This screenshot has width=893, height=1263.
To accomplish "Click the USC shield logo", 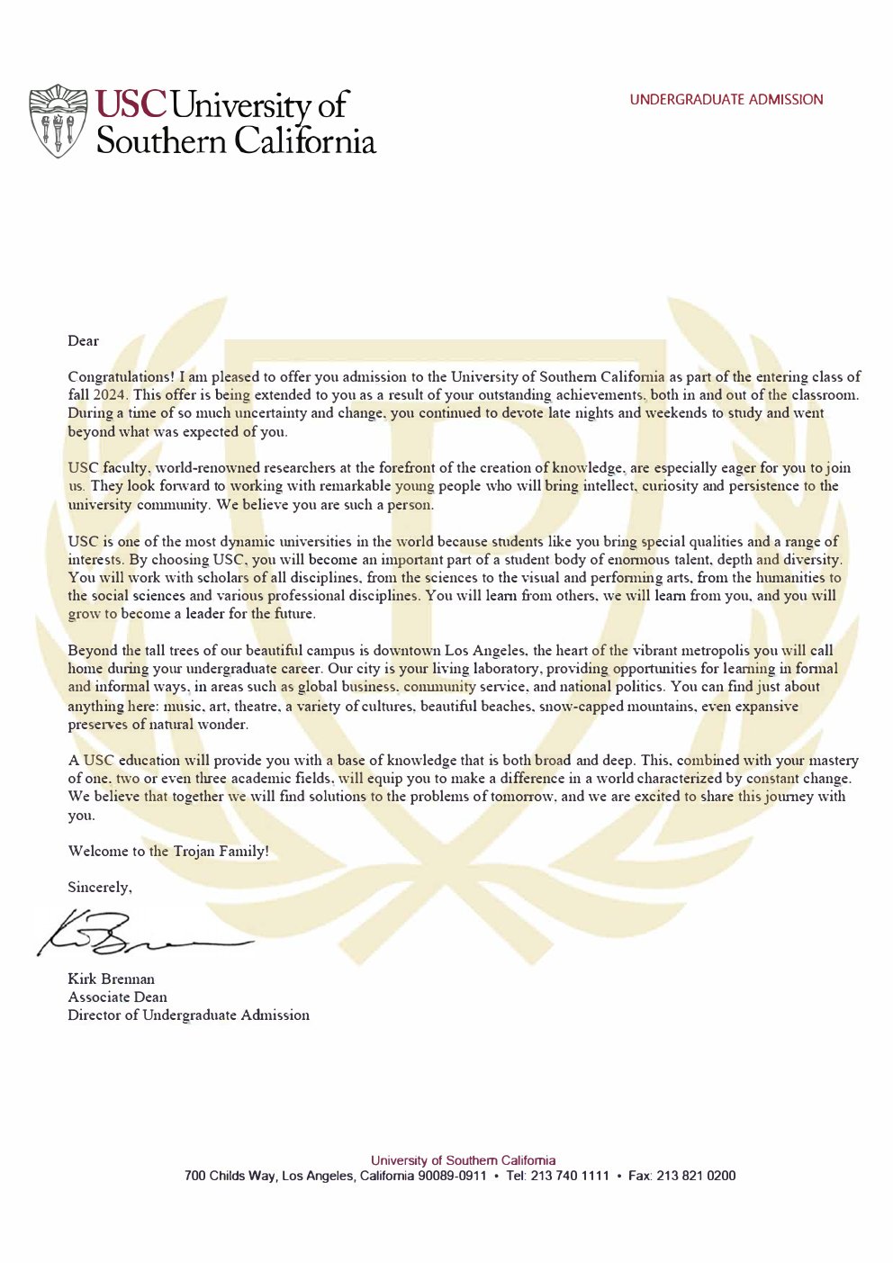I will pyautogui.click(x=59, y=122).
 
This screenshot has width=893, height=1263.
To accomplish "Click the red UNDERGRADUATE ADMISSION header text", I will pyautogui.click(x=726, y=100).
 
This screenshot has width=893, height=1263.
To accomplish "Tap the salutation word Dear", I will pyautogui.click(x=83, y=341).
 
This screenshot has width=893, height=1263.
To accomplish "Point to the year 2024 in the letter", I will pyautogui.click(x=111, y=395).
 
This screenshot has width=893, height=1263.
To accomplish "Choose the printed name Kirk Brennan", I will pyautogui.click(x=111, y=979).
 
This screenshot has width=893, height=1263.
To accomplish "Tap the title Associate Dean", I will pyautogui.click(x=117, y=997).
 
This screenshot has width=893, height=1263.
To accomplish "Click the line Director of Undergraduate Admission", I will pyautogui.click(x=188, y=1015).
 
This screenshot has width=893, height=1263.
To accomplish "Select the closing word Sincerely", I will pyautogui.click(x=99, y=888).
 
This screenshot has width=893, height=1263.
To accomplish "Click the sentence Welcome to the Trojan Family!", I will pyautogui.click(x=168, y=851).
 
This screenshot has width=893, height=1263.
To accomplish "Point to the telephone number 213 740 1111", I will pyautogui.click(x=570, y=1176).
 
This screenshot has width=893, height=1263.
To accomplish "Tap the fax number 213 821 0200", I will pyautogui.click(x=696, y=1176).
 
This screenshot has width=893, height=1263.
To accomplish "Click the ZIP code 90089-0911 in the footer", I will pyautogui.click(x=452, y=1176).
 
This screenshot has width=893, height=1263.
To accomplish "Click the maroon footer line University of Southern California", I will pyautogui.click(x=463, y=1160).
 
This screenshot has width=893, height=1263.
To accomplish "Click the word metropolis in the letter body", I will pyautogui.click(x=732, y=651).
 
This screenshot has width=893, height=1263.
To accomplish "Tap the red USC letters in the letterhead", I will pyautogui.click(x=131, y=104).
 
